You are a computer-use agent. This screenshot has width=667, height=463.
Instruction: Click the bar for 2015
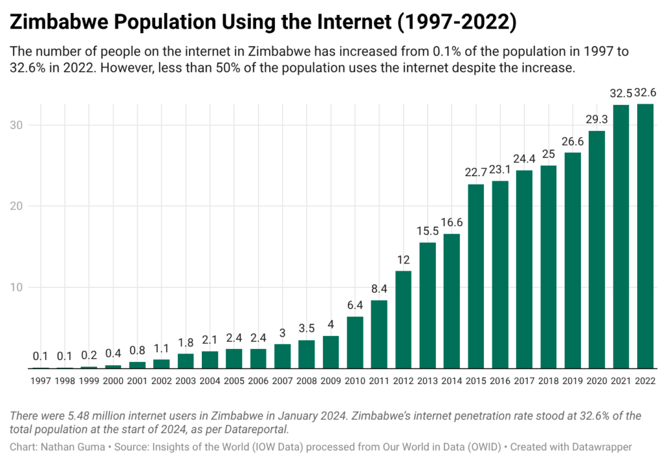click(x=476, y=276)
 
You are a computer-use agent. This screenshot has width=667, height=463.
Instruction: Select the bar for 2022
click(x=645, y=236)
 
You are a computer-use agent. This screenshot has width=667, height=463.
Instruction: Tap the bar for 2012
click(x=403, y=320)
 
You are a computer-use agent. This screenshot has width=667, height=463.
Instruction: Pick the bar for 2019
click(x=573, y=260)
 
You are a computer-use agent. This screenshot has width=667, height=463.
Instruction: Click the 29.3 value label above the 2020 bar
click(x=597, y=121)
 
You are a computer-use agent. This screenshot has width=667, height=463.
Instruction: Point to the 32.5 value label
click(x=621, y=94)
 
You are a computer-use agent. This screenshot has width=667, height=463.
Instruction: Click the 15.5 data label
click(x=427, y=232)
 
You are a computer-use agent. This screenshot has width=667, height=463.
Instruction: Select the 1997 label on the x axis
click(x=41, y=380)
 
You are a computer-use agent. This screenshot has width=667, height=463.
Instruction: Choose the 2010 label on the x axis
click(x=355, y=380)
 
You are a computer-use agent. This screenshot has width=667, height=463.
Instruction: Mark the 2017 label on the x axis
click(x=524, y=380)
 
